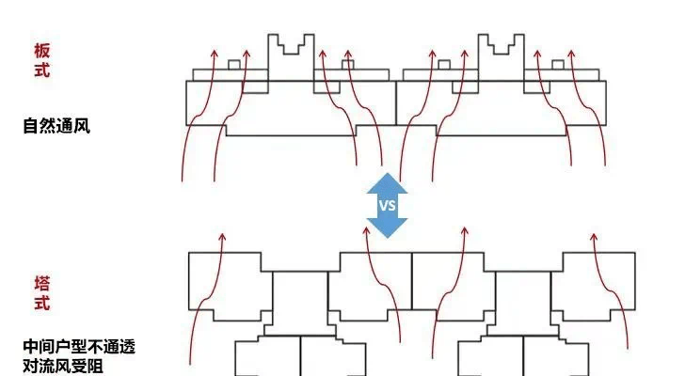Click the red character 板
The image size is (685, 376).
pyautogui.click(x=41, y=51)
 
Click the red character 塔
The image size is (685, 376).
pyautogui.click(x=41, y=283)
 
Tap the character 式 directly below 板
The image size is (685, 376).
pyautogui.click(x=41, y=70)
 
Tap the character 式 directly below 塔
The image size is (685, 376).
pyautogui.click(x=41, y=303)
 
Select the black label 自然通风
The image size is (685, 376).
pyautogui.click(x=56, y=125)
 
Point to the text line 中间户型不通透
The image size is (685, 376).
pyautogui.click(x=79, y=347)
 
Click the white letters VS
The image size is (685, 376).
pyautogui.click(x=387, y=205)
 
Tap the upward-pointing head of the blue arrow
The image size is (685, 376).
pyautogui.click(x=387, y=180)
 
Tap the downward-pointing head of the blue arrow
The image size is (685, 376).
pyautogui.click(x=387, y=228)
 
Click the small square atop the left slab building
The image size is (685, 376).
pyautogui.click(x=233, y=65)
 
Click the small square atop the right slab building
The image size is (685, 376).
pyautogui.click(x=558, y=65)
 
